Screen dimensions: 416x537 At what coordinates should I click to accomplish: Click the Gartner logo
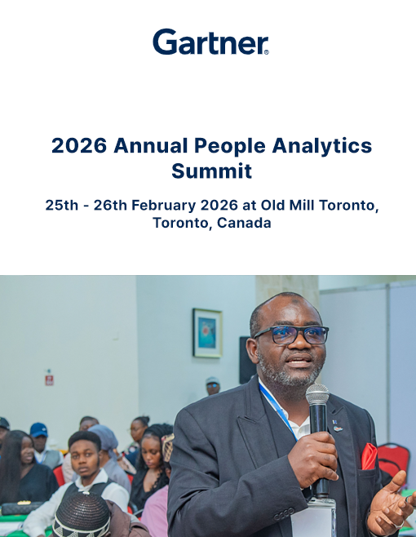(210, 42)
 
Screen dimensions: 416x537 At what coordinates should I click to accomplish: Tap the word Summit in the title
(211, 171)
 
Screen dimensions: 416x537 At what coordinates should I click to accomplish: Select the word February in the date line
(164, 205)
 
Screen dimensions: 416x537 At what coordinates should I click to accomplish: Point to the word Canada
(244, 223)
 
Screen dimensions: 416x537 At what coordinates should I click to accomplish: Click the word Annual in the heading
(151, 145)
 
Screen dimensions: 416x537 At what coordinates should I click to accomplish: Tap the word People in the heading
(230, 146)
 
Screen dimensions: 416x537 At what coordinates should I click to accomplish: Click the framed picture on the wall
(207, 333)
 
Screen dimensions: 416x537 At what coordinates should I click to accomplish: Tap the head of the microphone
(317, 394)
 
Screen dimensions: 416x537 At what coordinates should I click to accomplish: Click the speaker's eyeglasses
(291, 335)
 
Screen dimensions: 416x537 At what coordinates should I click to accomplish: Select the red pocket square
(369, 456)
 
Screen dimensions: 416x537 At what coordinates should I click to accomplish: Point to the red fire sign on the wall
(49, 379)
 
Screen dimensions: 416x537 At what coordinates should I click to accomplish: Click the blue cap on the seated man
(38, 430)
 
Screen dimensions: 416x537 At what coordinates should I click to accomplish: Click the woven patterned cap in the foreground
(82, 515)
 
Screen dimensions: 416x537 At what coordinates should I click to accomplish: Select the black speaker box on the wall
(246, 360)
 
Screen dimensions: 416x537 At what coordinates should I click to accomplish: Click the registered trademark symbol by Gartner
(267, 52)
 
